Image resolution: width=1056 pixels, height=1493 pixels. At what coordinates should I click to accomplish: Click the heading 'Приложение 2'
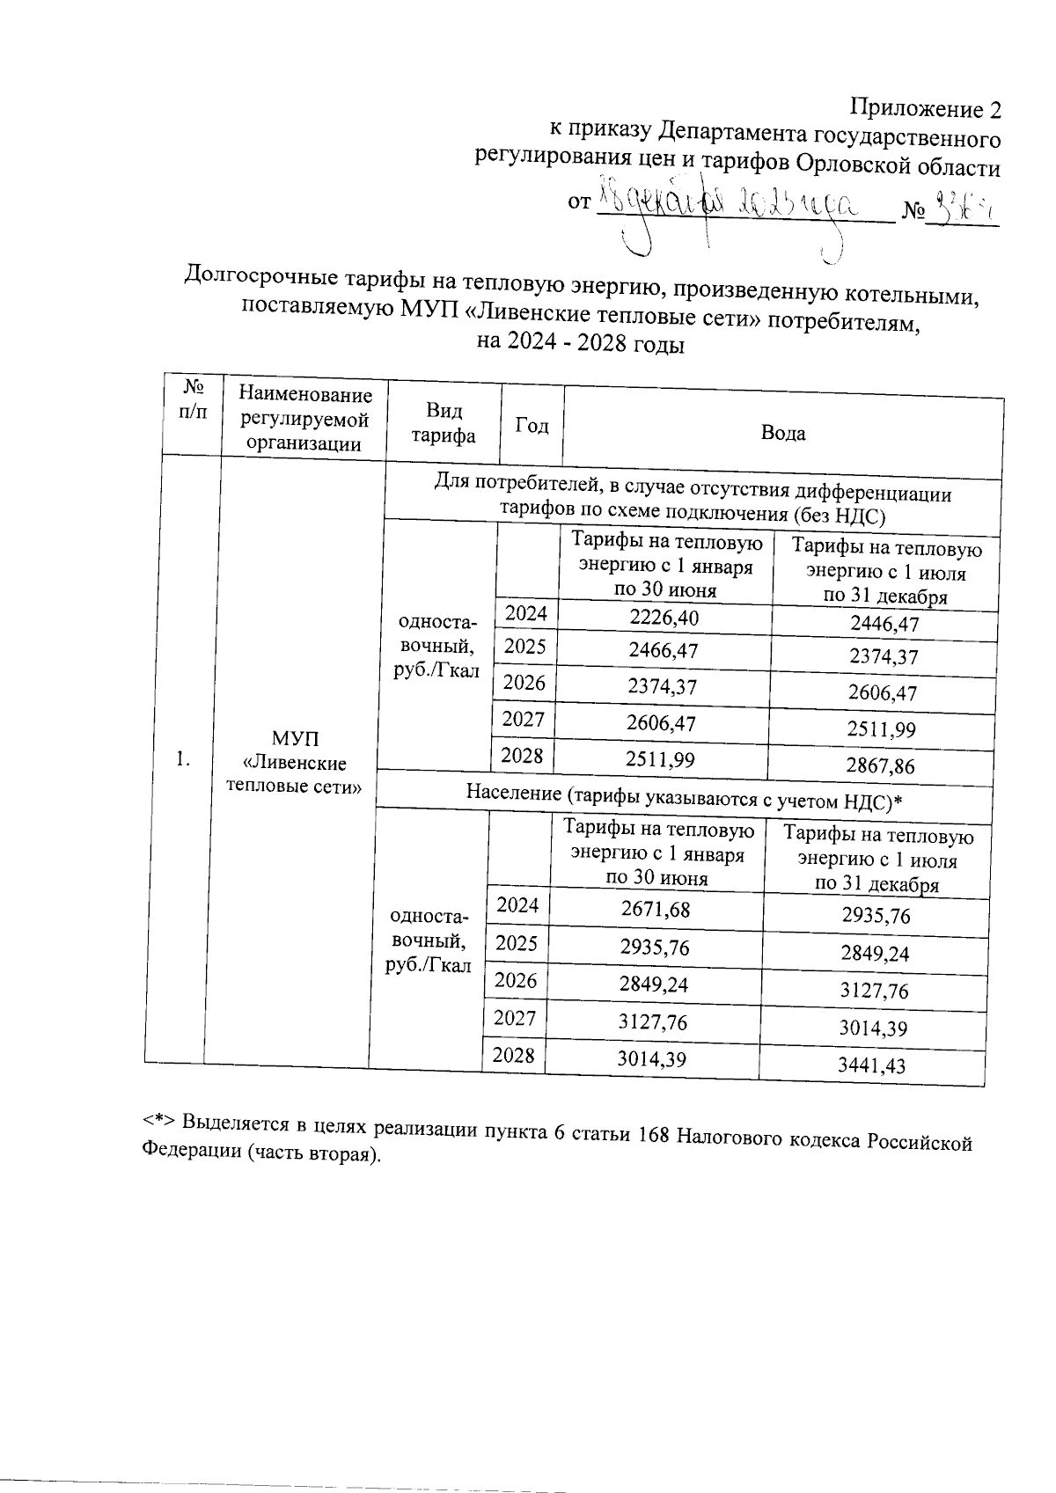point(925,109)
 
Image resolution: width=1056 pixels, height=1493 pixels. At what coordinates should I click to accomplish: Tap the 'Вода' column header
point(782,433)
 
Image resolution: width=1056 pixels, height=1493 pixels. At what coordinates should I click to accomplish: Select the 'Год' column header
point(531,426)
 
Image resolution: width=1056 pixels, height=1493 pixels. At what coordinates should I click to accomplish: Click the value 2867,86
point(880,765)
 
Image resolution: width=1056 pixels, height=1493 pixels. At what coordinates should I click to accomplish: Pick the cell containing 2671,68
point(655,910)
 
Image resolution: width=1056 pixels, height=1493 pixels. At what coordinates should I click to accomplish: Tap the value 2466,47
point(663,651)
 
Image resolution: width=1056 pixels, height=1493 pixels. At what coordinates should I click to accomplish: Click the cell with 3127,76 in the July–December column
point(873,992)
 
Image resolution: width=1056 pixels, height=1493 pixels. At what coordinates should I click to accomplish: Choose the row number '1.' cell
point(183,758)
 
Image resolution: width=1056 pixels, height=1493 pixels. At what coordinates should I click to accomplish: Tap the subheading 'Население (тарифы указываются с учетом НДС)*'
point(685,794)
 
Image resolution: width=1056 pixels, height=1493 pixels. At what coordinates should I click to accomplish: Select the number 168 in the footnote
point(656,1131)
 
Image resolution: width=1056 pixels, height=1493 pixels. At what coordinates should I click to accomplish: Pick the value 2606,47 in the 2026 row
point(882,693)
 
